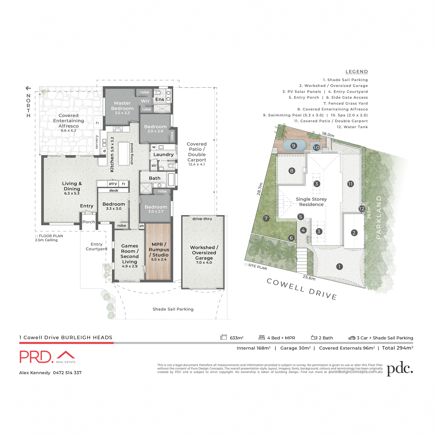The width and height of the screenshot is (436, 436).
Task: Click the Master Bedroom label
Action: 122,106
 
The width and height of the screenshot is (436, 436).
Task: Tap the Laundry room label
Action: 163,155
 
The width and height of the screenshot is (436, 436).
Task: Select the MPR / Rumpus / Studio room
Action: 159,251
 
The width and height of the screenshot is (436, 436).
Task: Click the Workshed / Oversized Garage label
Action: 204,253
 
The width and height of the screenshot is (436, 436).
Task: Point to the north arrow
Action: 28,88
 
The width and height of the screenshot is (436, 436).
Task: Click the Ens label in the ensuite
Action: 160,100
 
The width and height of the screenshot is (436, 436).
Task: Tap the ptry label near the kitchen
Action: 113,184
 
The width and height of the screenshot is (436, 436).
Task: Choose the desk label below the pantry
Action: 114,190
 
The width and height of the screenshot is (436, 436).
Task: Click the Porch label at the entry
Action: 89,222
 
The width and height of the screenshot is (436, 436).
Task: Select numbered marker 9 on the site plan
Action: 294,146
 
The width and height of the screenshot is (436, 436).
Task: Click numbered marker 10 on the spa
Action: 316,148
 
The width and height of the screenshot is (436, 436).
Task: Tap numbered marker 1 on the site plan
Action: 339,267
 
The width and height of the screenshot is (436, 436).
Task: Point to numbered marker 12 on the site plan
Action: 362,209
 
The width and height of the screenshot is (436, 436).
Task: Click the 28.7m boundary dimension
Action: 259,189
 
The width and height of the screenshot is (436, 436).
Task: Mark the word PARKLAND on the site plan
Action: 379,217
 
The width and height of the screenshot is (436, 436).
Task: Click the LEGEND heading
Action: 356,72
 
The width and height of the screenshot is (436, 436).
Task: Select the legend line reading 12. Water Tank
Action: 352,127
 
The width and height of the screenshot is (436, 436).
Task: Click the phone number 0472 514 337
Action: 67,373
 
